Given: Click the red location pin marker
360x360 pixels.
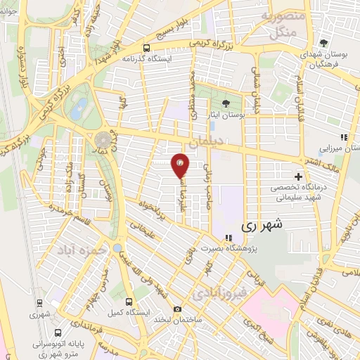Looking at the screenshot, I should tap(181, 164).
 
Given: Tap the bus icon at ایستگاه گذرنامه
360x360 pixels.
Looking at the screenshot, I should tap(145, 49).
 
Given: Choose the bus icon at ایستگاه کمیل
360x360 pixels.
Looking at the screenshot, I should tap(126, 298).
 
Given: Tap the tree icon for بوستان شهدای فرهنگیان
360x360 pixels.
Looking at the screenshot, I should tap(324, 41).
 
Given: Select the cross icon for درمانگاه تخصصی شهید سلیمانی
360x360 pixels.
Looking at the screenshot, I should tap(299, 176).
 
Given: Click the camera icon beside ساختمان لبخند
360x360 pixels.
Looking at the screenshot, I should tap(178, 309).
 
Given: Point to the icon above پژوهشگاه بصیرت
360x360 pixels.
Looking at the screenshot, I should tap(228, 238).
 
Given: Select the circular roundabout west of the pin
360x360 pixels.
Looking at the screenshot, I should tap(104, 139).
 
